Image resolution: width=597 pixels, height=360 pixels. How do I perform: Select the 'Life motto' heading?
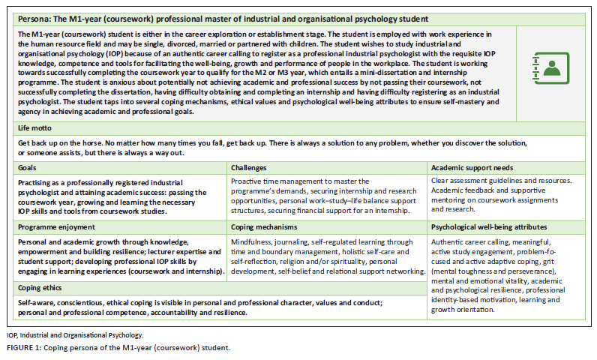tap(37, 128)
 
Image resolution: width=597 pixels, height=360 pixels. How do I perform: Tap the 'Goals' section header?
tap(28, 168)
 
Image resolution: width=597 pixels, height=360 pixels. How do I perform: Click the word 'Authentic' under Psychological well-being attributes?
tap(451, 241)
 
